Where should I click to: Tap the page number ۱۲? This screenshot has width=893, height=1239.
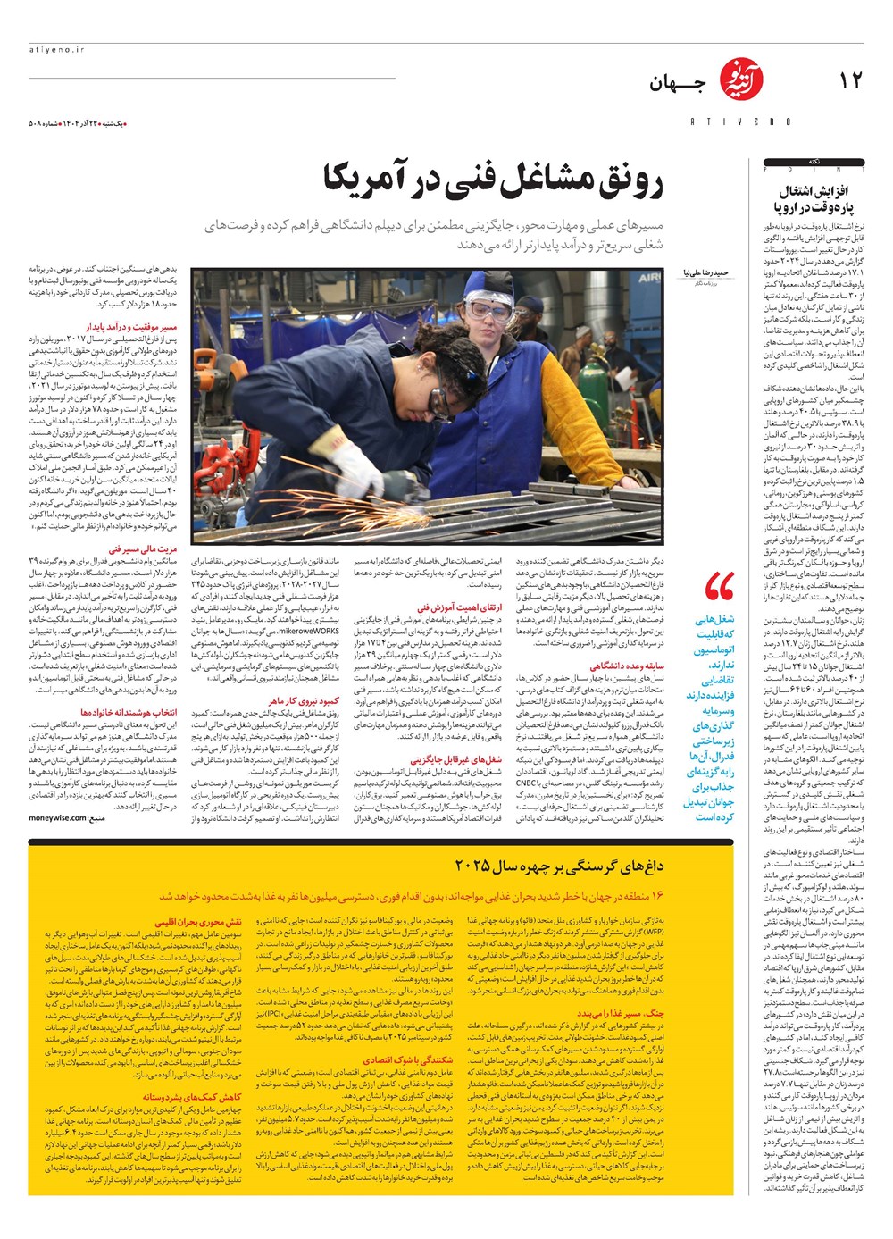[851, 81]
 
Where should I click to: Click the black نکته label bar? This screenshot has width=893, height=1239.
[814, 163]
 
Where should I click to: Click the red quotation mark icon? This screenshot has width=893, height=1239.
[719, 586]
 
